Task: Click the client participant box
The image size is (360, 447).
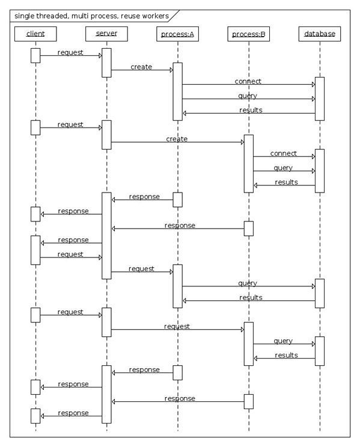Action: (x=35, y=34)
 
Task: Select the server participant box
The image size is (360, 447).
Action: (x=106, y=34)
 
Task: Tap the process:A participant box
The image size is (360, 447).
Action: (x=177, y=34)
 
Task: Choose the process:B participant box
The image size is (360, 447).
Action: (x=249, y=34)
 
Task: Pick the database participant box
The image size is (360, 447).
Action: (x=320, y=34)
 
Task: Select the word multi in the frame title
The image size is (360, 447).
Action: (x=79, y=16)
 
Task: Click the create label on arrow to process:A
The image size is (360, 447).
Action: (x=141, y=67)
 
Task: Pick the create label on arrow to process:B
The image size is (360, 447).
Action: (x=177, y=139)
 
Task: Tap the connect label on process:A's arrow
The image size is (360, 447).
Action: (x=248, y=81)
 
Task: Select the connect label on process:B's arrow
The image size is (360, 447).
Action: (x=284, y=153)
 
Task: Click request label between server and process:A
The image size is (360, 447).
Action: (x=141, y=269)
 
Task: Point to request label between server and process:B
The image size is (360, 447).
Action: (x=177, y=327)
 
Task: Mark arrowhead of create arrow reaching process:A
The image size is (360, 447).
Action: (x=171, y=70)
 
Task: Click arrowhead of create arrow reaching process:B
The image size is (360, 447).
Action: (x=242, y=142)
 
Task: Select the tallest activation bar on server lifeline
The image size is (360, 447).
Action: (x=106, y=236)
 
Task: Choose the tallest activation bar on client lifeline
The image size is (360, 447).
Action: (x=35, y=250)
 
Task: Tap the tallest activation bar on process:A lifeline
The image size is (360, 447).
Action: (x=177, y=91)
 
